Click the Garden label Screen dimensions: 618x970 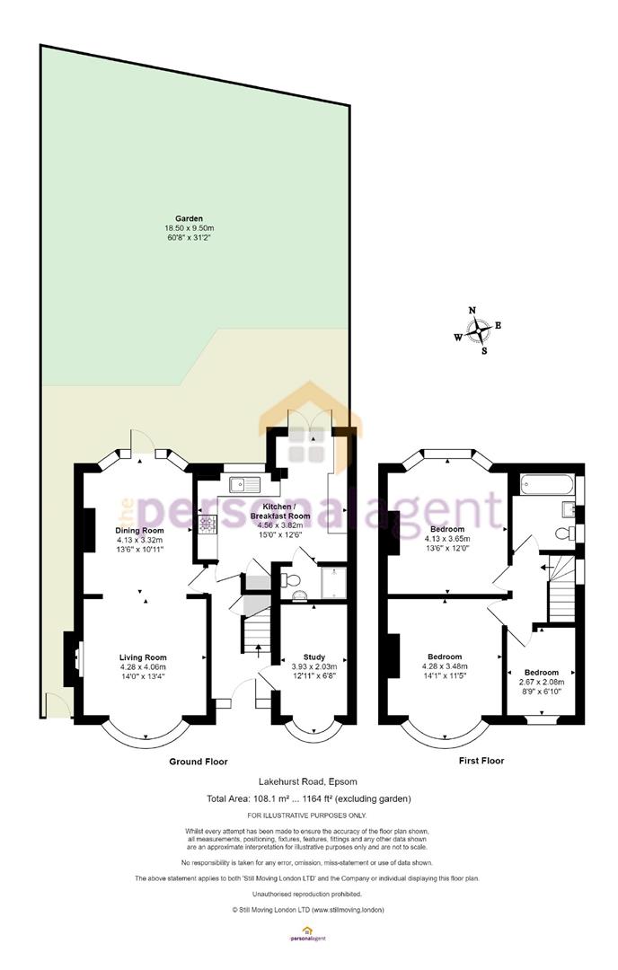(190, 218)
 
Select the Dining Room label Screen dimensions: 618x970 (140, 530)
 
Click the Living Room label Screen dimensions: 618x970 (143, 657)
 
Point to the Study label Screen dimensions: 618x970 (314, 657)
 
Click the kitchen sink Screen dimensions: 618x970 (245, 483)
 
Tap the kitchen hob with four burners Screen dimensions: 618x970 (207, 525)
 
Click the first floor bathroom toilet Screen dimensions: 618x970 (563, 533)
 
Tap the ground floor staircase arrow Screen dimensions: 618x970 (257, 648)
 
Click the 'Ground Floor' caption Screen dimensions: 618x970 (199, 762)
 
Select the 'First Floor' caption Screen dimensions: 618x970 (481, 761)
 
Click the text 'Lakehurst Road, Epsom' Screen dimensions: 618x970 (308, 781)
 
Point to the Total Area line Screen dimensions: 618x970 (309, 798)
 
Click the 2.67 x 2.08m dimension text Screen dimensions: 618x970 (542, 682)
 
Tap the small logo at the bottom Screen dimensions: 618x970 (307, 933)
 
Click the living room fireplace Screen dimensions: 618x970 (71, 659)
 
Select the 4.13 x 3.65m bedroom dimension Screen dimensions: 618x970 (447, 539)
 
